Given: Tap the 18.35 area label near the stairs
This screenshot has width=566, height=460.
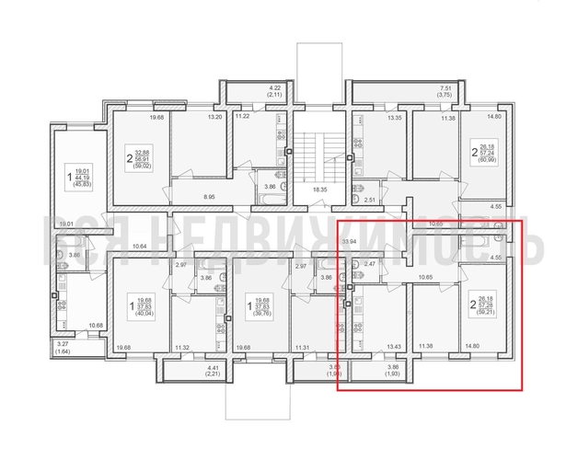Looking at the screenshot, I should tap(320, 189).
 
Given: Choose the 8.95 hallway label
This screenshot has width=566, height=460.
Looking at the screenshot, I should tap(209, 196).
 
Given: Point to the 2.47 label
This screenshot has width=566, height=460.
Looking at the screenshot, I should tap(371, 265).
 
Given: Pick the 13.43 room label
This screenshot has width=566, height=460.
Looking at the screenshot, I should tap(395, 347).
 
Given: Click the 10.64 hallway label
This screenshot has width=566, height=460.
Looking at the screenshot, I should tap(140, 247).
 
